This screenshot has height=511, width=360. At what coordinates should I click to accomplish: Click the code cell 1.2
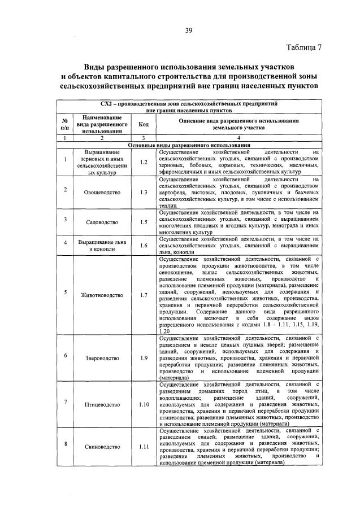point(143,163)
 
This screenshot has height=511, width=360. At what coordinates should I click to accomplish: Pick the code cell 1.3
point(143,193)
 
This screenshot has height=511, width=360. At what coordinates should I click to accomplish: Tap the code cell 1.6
point(143,246)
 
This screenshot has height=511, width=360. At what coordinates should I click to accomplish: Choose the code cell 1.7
point(143,295)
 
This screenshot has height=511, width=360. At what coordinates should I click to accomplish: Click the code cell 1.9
point(143,357)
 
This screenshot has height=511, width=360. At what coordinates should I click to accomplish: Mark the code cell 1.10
point(143,404)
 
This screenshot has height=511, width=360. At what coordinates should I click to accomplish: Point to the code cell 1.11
point(143,447)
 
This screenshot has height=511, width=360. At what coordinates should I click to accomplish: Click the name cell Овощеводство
point(102,193)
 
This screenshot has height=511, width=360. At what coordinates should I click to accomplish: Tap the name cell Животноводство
point(102,295)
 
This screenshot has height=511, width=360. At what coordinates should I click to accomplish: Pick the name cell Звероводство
point(102,357)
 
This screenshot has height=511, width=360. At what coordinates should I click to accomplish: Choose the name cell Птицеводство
point(102,404)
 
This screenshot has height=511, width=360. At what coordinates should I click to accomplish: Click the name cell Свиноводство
point(102,447)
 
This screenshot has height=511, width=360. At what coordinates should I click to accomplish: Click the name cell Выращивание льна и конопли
point(102,246)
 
